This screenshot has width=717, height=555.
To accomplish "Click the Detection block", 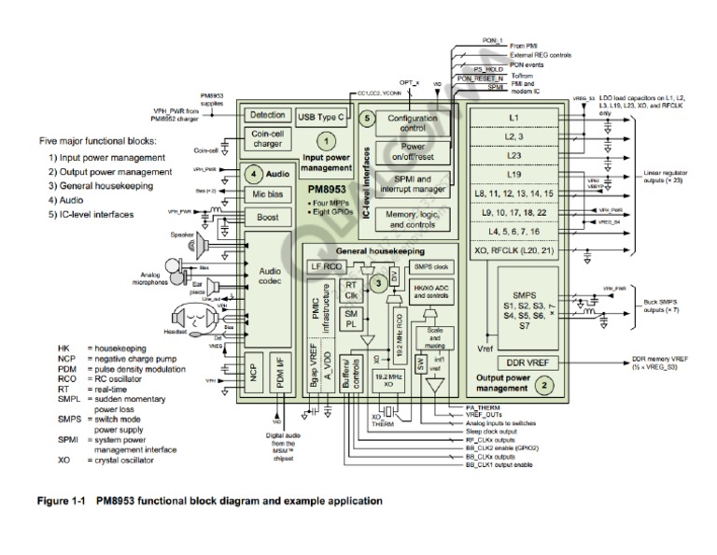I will coord(267,115).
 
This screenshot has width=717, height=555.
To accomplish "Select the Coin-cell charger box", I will coord(267,138).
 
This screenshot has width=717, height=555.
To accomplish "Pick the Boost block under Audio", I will coord(267,217).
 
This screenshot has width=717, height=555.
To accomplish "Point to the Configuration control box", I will coord(412,122).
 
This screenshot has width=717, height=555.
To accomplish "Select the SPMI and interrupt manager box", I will coord(412,183).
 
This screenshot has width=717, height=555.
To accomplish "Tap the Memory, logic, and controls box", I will coord(412,220).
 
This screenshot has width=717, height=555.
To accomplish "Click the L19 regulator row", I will coord(514,174).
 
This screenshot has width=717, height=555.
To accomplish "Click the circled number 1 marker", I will coord(326,141).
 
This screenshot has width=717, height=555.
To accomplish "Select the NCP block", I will coord(253,370).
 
